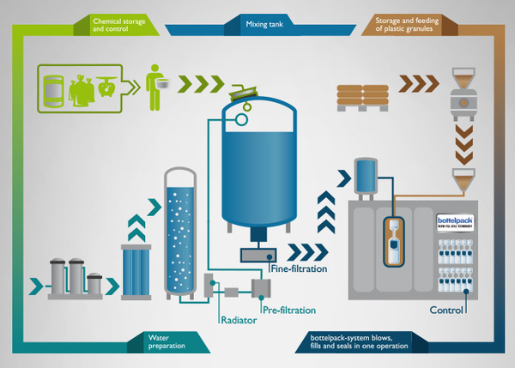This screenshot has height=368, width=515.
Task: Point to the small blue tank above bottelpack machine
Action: (365, 178)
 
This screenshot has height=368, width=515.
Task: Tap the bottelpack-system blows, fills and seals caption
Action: (360, 345)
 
